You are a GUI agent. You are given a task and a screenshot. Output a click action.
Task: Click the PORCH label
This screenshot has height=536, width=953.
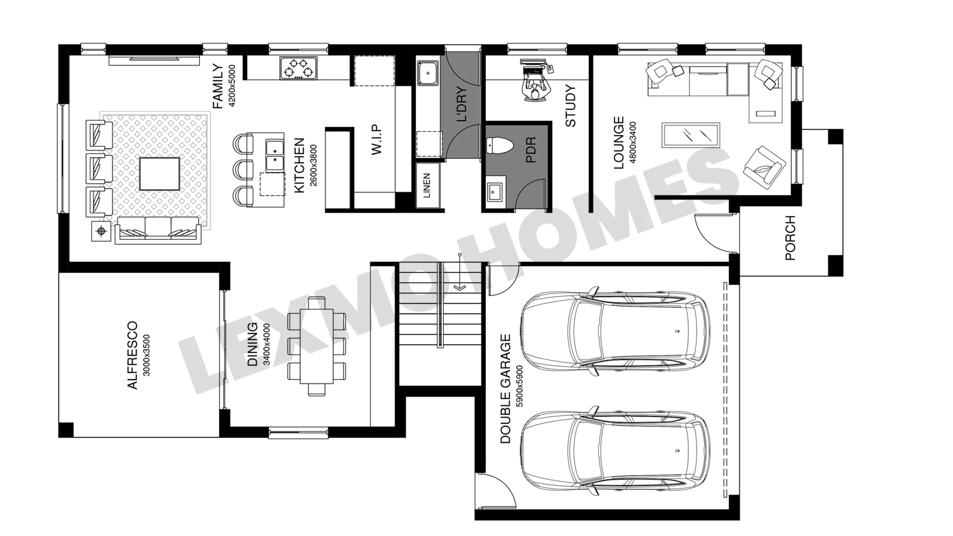[790, 238]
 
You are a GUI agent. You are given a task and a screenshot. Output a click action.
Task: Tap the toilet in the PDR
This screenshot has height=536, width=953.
[499, 145]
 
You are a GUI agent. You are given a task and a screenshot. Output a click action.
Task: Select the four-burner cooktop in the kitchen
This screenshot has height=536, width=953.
[298, 68]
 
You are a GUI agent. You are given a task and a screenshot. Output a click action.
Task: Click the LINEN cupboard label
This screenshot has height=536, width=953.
[427, 186]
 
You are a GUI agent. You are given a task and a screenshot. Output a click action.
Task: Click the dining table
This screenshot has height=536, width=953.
[316, 346]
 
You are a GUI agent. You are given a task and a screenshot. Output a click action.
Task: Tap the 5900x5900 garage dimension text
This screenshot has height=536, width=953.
[519, 387]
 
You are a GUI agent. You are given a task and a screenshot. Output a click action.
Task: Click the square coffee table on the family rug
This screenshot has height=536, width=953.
[159, 174]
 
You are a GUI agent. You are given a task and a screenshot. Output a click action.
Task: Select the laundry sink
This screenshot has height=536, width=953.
[427, 73]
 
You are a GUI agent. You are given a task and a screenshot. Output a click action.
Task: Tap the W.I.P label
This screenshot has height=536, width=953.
[377, 139]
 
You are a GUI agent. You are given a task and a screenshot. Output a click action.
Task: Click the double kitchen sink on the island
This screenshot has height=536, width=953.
[274, 156]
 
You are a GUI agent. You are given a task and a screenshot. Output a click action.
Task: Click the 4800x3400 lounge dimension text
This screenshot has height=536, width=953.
[632, 142]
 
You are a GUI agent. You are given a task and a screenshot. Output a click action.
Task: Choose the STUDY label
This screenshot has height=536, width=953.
[570, 106]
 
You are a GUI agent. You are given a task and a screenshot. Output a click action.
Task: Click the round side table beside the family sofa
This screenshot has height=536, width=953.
[102, 231]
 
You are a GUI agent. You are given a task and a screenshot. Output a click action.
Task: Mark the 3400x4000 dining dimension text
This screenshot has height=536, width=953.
[266, 344]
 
